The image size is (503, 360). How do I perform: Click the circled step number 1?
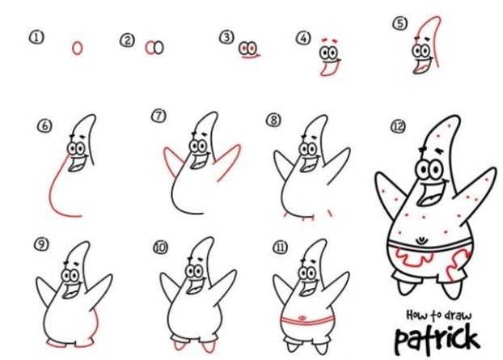click(x=36, y=37)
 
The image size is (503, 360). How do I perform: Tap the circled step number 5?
click(x=400, y=23)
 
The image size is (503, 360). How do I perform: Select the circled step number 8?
click(x=273, y=120)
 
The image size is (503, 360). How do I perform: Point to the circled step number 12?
click(x=398, y=126)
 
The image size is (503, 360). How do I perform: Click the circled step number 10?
click(x=161, y=248)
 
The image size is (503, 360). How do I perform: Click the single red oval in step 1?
click(x=77, y=48)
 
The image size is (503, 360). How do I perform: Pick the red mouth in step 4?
click(x=329, y=68)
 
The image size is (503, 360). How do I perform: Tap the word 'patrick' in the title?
click(x=437, y=339)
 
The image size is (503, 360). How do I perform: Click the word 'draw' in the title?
click(x=459, y=316)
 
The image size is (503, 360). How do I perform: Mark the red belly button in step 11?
click(x=302, y=317)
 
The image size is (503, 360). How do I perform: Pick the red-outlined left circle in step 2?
click(x=150, y=48)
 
